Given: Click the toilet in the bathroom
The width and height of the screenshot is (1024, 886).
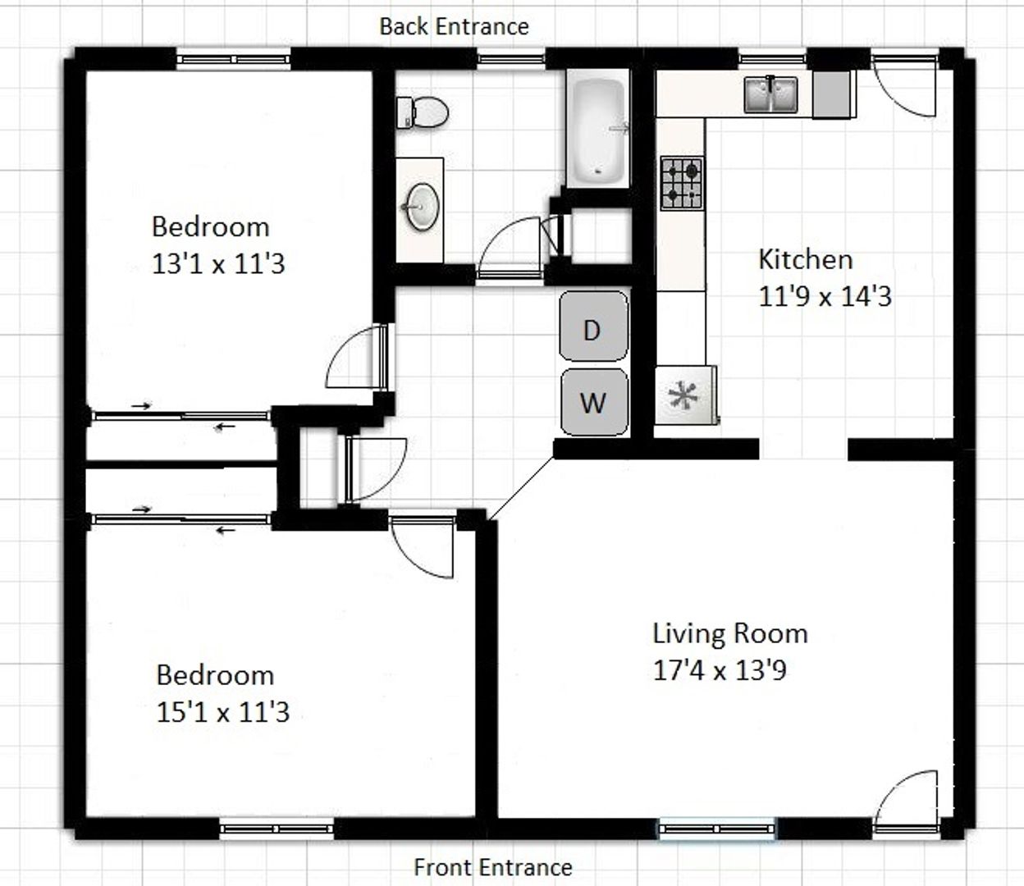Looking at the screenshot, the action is coord(422,112).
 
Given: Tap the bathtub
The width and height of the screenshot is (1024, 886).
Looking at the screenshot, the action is coord(598,129).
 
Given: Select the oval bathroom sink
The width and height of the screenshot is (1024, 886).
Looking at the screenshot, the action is coord(423,207).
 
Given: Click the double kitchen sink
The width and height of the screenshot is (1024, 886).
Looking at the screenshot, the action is coord(770,94).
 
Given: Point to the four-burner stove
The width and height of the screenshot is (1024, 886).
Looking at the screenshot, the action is coord(682,183).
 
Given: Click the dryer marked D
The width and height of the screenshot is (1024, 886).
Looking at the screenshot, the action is coord(593,326).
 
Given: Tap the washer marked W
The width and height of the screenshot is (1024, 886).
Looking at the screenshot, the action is coord(594,402).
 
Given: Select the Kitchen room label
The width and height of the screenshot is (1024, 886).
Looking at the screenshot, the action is coord(806,259).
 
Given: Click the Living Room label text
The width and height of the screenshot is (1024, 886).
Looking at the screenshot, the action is coord(730,634).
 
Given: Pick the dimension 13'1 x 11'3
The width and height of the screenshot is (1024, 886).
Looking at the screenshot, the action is coord(218,263).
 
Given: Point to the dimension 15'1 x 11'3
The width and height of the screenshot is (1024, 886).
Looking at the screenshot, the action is coord(223,712).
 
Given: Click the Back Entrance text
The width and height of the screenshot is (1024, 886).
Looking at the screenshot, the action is coord(454,26).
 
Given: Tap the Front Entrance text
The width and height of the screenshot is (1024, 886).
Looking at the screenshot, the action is coord(493,867).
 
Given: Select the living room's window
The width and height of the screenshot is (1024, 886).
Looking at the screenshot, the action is coord(715,829).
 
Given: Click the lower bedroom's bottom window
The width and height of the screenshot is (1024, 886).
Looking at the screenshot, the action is coord(277,829).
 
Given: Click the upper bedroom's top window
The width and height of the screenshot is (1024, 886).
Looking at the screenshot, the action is coord(233,59).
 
